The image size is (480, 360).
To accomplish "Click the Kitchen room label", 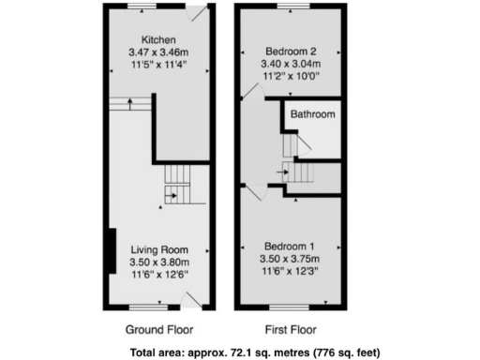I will [157, 38].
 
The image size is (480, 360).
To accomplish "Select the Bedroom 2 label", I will [290, 51].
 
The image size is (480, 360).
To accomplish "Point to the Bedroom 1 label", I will [290, 247].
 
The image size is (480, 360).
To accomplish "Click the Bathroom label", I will [311, 114].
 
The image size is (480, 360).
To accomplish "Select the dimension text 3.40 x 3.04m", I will [290, 64].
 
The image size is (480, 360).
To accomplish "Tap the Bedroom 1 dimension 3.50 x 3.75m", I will [290, 259].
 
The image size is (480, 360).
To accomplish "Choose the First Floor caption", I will [290, 330].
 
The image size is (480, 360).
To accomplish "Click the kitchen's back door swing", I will [196, 14].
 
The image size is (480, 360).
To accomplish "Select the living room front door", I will [190, 299].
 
